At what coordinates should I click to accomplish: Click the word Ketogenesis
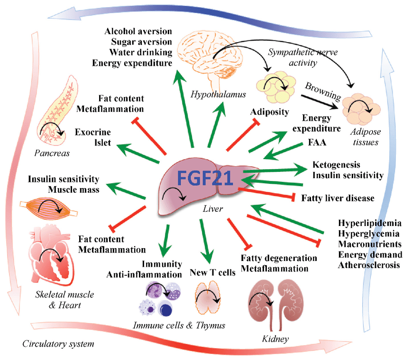336,165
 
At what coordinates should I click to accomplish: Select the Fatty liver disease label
338,198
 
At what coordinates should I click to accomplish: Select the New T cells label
212,272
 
